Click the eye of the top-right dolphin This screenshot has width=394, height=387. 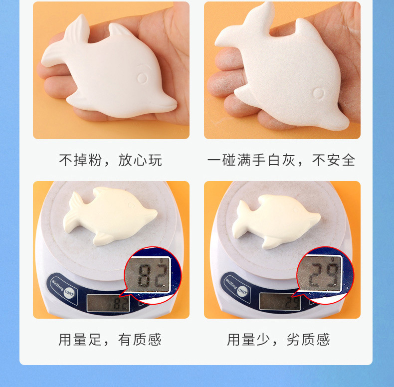tap(318, 93)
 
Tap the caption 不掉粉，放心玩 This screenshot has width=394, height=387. tap(110, 160)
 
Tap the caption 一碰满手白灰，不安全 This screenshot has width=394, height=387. tap(281, 160)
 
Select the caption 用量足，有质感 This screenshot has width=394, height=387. tap(110, 340)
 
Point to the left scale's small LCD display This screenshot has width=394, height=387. tap(108, 303)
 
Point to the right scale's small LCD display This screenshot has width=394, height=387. tap(280, 302)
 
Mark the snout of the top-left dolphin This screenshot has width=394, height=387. tap(167, 105)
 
